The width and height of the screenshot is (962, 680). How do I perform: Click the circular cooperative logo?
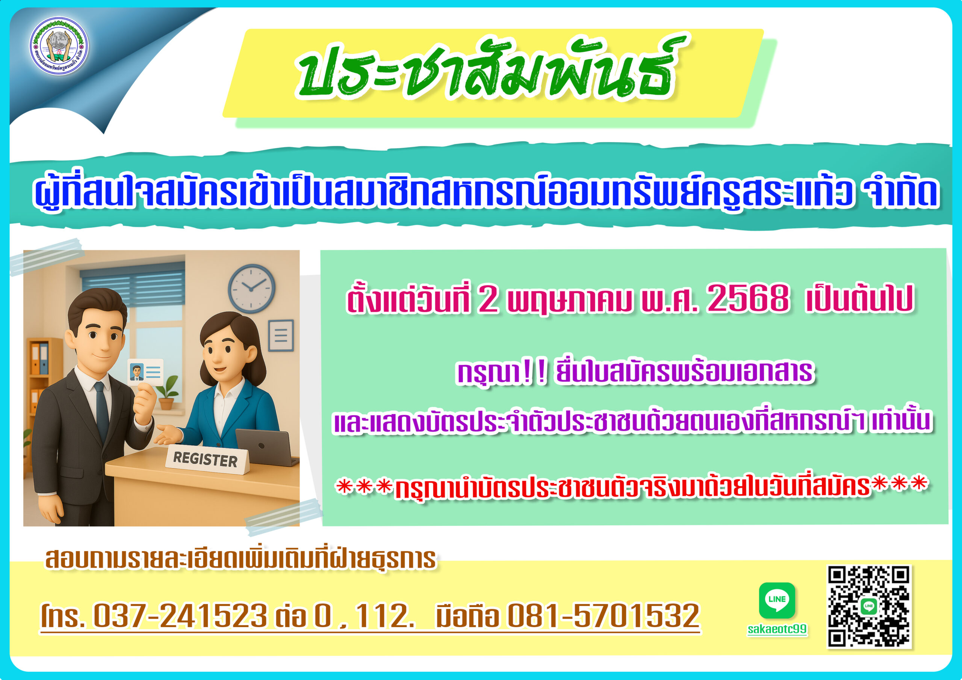59,46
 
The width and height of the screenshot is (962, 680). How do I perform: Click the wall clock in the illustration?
251,288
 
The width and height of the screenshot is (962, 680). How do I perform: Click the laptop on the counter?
266,447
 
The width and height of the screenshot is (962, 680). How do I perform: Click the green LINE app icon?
777,600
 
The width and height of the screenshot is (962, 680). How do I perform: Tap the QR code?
869,606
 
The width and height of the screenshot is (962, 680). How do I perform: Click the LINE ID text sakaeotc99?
777,629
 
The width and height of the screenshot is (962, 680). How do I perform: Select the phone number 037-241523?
180,616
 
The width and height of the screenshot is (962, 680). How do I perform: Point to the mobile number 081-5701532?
604,616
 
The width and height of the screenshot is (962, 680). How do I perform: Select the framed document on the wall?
281,335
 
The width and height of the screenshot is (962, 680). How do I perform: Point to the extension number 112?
384,616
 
